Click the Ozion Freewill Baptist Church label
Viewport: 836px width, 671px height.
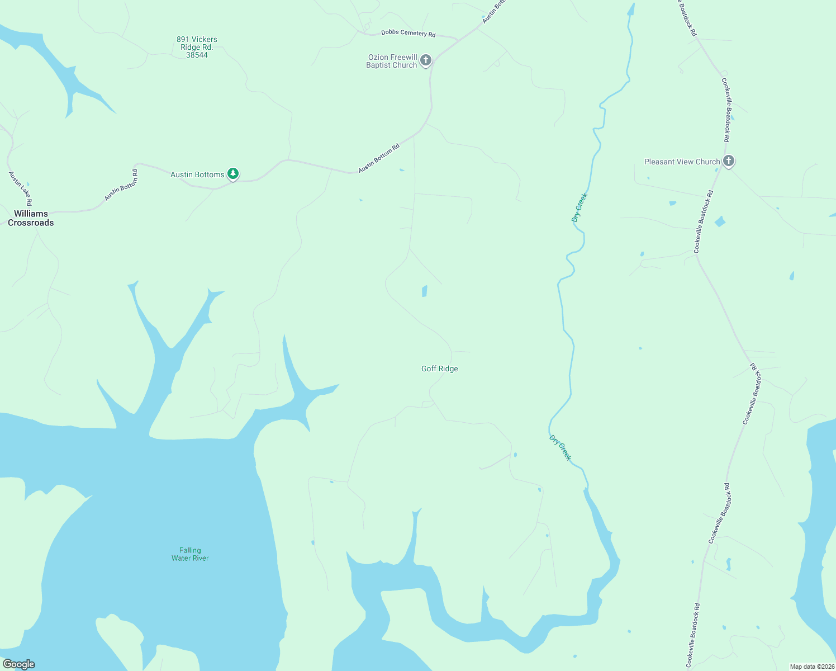392,61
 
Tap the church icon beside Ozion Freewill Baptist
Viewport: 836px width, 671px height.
426,60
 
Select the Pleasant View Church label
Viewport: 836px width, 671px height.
682,162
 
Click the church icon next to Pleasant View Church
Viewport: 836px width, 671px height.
728,161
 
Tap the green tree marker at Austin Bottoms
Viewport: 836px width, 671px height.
233,174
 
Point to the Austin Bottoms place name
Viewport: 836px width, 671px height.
197,174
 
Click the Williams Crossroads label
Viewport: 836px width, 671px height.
31,218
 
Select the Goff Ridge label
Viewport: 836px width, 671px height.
439,368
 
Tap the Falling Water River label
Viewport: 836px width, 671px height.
190,554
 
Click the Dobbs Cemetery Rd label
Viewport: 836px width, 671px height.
408,33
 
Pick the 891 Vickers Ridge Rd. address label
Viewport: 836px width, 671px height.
197,47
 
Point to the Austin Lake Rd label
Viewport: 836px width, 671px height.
21,188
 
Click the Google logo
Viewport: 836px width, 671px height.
19,664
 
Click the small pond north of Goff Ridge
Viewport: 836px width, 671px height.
424,291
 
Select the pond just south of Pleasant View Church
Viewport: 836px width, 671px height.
720,221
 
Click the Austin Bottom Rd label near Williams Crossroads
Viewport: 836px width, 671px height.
121,185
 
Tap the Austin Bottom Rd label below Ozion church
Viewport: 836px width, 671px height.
379,158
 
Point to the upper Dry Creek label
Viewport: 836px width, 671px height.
579,207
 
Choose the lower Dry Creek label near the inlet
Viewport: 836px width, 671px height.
560,448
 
